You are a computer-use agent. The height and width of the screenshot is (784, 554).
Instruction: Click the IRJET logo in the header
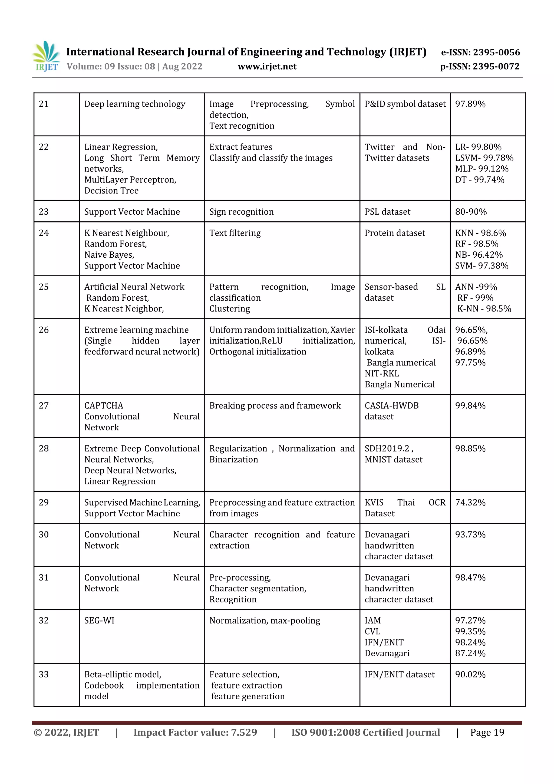(47, 56)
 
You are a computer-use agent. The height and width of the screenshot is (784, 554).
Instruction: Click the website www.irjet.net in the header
(267, 66)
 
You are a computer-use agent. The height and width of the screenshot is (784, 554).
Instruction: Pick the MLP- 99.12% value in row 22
(482, 169)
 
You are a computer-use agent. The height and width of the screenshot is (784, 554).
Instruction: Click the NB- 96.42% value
(479, 255)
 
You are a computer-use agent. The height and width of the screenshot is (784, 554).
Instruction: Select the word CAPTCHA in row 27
(104, 406)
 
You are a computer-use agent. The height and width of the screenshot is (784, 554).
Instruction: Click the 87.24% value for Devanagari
(470, 653)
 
